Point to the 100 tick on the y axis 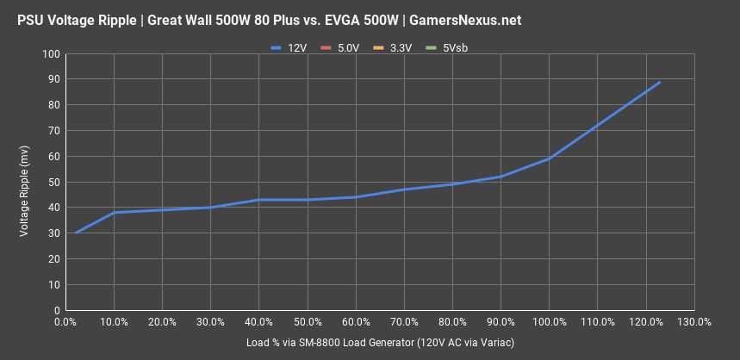pyautogui.click(x=51, y=54)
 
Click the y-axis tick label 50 pyautogui.click(x=53, y=183)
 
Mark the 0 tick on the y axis pyautogui.click(x=56, y=310)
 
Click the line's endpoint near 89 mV pyautogui.click(x=660, y=82)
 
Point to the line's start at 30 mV pyautogui.click(x=76, y=233)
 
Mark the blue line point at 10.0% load pyautogui.click(x=115, y=213)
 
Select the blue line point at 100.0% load pyautogui.click(x=550, y=158)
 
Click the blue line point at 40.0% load pyautogui.click(x=259, y=200)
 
